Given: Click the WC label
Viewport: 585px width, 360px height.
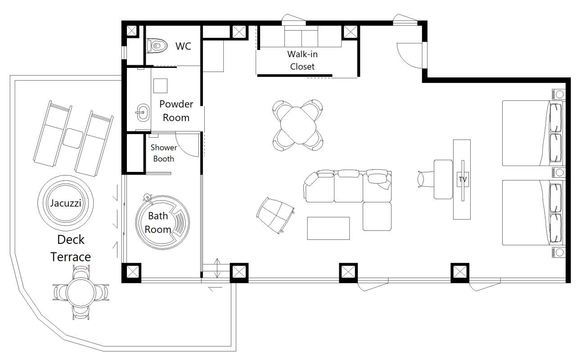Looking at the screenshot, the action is tap(183, 46).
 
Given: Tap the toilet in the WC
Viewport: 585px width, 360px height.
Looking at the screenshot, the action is tap(157, 46).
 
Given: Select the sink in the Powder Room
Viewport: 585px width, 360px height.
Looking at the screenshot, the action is tap(143, 112).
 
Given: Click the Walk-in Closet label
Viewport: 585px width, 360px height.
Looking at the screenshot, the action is tap(302, 60).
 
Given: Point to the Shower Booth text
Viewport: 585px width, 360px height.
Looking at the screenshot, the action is tap(164, 153).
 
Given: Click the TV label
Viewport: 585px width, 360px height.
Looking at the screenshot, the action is tap(463, 180).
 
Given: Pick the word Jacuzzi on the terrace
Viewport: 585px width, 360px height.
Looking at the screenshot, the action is tap(66, 203).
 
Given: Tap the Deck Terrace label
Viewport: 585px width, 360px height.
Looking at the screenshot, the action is tap(71, 248).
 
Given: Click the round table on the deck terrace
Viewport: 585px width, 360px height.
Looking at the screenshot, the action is tap(81, 292).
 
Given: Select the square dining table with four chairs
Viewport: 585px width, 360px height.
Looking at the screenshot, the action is tap(298, 125).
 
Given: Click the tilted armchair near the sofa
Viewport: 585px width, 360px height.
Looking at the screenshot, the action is tap(275, 216).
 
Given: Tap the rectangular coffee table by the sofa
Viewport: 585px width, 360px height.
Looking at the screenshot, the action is tap(328, 228).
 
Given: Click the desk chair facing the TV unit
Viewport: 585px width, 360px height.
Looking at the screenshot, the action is tap(425, 179).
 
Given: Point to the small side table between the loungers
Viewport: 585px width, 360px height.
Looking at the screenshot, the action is tap(73, 139).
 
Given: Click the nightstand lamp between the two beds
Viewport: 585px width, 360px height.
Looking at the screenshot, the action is tap(559, 172).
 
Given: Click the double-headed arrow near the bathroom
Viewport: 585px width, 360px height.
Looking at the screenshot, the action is tap(217, 268).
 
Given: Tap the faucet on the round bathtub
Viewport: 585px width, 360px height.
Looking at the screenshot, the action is tap(148, 198).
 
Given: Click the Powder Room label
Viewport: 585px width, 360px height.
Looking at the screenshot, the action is tap(176, 111).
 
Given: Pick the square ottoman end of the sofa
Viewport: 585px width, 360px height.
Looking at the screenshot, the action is tap(377, 216).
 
